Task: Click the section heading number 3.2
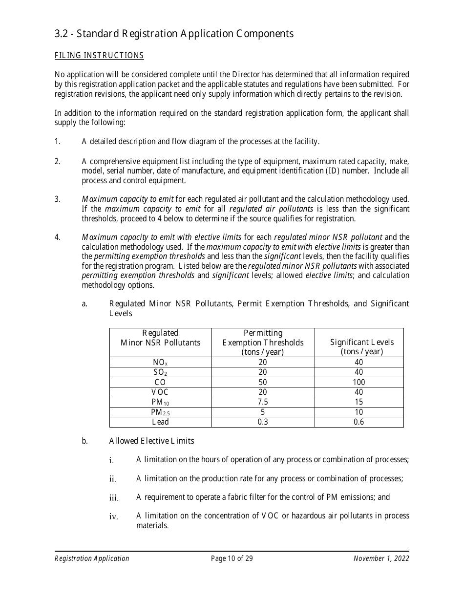coord(62,34)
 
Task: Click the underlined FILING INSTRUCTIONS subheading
coord(99,56)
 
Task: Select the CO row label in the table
coord(160,382)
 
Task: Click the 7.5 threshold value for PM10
coord(263,402)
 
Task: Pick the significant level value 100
coord(359,382)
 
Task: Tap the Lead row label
coord(160,422)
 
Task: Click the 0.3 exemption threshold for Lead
coord(263,422)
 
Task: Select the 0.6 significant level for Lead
coord(359,422)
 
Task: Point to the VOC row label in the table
coord(160,392)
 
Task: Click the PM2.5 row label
coord(160,412)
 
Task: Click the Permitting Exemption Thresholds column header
coord(263,343)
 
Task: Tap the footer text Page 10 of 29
coord(232,558)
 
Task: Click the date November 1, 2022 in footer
coord(381,558)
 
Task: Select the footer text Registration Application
coord(92,558)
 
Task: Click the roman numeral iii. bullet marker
coord(114,498)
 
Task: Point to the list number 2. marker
coord(58,162)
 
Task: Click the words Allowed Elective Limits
coord(151,441)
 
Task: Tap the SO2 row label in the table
coord(160,372)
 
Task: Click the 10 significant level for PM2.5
coord(359,412)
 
